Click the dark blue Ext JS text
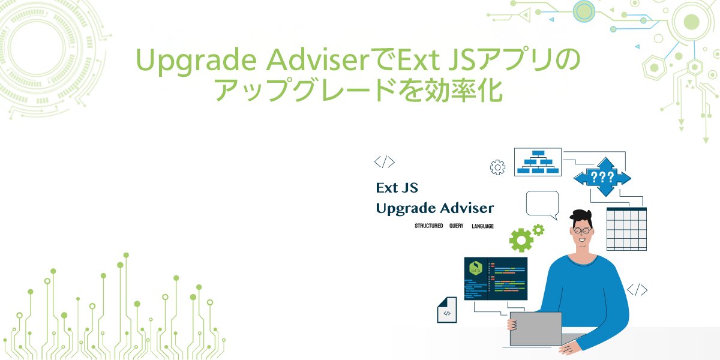[x=397, y=188]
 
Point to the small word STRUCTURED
[x=428, y=226]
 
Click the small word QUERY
[x=457, y=226]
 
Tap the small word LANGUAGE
[x=482, y=226]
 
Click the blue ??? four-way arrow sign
[x=602, y=177]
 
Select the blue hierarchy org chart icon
[x=538, y=161]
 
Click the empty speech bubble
[x=542, y=204]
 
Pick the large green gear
[x=521, y=240]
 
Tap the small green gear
[x=538, y=229]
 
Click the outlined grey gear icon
[x=497, y=167]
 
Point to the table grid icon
[x=626, y=229]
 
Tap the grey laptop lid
[x=535, y=328]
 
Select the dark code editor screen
[x=496, y=278]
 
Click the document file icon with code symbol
[x=446, y=310]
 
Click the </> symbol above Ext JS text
[x=384, y=161]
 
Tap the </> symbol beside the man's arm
[x=637, y=290]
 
